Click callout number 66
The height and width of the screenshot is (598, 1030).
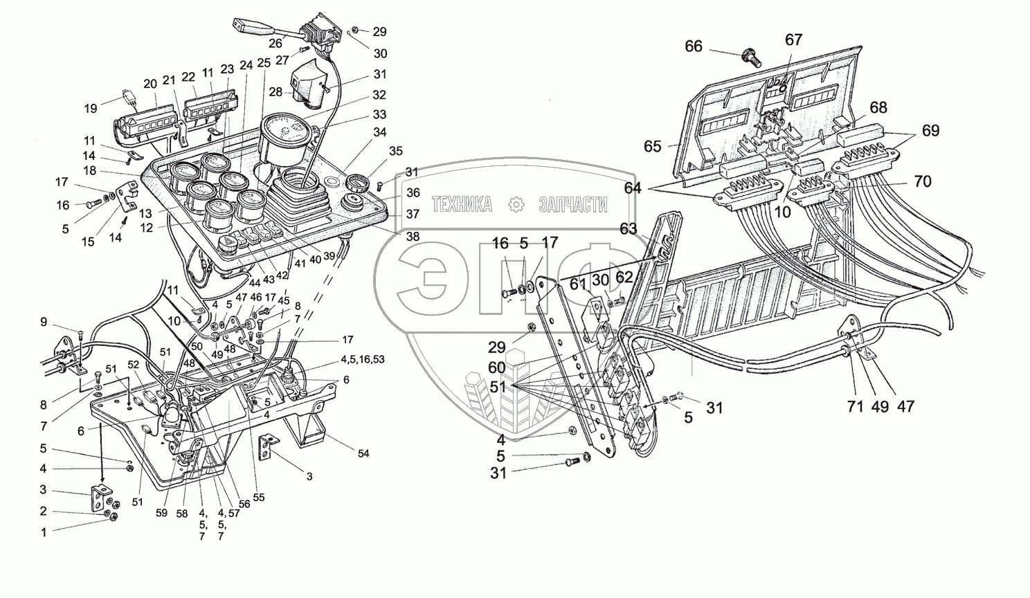point(694,46)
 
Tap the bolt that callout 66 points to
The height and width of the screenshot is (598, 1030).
point(750,57)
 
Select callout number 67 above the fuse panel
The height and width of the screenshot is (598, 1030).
point(793,39)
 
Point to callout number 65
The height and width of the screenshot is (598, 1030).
point(653,147)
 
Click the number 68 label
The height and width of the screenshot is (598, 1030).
point(878,108)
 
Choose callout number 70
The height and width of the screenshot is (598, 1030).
point(921,182)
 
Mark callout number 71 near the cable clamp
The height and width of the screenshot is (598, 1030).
point(856,406)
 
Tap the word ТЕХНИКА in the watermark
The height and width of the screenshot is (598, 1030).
point(462,204)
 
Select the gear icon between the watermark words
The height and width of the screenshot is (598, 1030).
point(515,204)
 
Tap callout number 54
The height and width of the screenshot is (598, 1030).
point(363,453)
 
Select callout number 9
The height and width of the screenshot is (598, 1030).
point(44,321)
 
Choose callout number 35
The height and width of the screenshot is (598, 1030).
point(395,150)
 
